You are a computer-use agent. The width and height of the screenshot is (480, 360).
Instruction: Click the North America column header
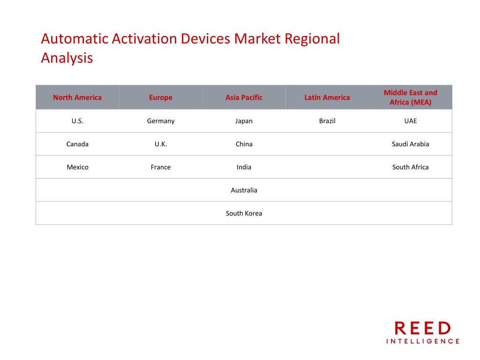pyautogui.click(x=77, y=97)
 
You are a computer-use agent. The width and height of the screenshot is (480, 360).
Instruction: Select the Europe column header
pyautogui.click(x=161, y=97)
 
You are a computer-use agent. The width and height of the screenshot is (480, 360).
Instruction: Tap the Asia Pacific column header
pyautogui.click(x=244, y=97)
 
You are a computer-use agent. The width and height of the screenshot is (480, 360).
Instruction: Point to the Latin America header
pyautogui.click(x=327, y=97)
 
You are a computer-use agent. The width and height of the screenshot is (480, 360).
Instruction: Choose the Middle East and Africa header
pyautogui.click(x=411, y=97)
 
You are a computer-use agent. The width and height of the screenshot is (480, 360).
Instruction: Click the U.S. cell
pyautogui.click(x=77, y=121)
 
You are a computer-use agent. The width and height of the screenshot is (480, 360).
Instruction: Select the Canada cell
pyautogui.click(x=77, y=144)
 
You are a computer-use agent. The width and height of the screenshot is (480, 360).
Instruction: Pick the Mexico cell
pyautogui.click(x=77, y=167)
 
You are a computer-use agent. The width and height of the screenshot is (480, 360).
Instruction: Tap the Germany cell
pyautogui.click(x=161, y=121)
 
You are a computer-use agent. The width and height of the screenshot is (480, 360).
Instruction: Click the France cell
pyautogui.click(x=161, y=167)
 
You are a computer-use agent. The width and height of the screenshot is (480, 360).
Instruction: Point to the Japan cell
pyautogui.click(x=244, y=121)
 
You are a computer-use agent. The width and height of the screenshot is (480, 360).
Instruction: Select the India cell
pyautogui.click(x=244, y=167)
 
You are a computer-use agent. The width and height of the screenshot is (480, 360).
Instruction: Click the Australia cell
pyautogui.click(x=244, y=190)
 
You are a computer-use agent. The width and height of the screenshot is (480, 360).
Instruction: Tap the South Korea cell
pyautogui.click(x=244, y=213)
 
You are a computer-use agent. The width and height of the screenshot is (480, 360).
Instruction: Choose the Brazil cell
pyautogui.click(x=327, y=121)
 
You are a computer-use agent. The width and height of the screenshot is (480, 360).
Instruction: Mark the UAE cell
pyautogui.click(x=411, y=121)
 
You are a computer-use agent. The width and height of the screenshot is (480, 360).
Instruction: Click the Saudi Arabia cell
pyautogui.click(x=411, y=144)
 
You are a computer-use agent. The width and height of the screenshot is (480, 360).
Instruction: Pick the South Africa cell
pyautogui.click(x=411, y=167)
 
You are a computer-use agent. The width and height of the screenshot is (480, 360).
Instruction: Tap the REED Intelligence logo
pyautogui.click(x=423, y=332)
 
